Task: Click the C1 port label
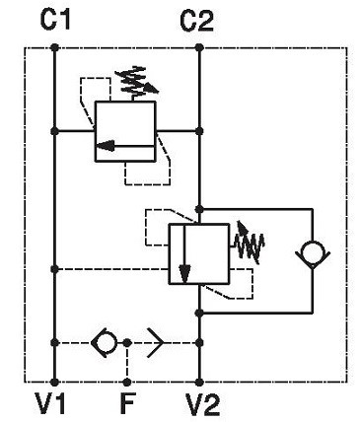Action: point(55,19)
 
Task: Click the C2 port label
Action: point(196,20)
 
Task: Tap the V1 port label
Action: point(51,403)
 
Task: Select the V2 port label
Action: point(202,404)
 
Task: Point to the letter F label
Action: point(127,403)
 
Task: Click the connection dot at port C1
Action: point(54,48)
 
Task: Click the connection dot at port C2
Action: point(199,48)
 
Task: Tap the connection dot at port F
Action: point(127,383)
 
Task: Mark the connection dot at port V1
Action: point(54,383)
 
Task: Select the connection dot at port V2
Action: point(199,383)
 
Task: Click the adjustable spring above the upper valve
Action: point(135,82)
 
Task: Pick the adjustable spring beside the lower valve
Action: point(249,244)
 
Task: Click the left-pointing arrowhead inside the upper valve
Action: point(106,146)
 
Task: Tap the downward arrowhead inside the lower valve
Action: point(184,273)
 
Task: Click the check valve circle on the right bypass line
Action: point(313,254)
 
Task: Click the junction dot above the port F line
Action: point(127,343)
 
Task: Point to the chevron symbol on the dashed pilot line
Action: point(155,343)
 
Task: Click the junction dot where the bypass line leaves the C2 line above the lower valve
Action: point(199,209)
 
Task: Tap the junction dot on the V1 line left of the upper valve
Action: point(54,131)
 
